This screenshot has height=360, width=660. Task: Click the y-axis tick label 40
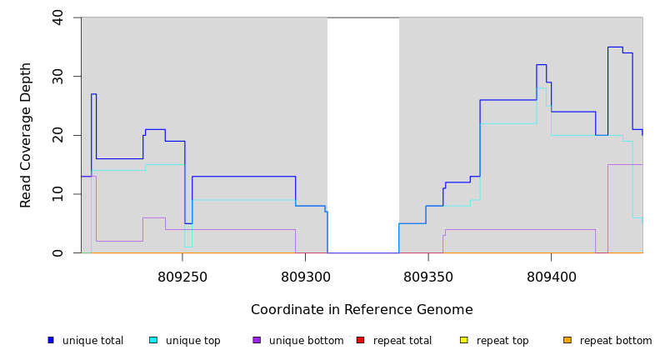click(57, 17)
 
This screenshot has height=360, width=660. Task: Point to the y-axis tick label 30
click(57, 77)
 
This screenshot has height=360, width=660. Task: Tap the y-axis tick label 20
click(57, 135)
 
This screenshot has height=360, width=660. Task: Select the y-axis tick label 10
click(57, 194)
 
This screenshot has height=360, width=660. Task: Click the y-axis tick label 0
click(57, 253)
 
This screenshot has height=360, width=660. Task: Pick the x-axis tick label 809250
click(182, 277)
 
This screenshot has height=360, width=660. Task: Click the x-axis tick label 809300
click(306, 277)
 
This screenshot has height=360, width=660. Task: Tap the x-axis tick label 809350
click(428, 277)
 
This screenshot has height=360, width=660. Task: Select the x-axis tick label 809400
click(551, 277)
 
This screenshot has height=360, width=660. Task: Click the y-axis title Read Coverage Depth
click(27, 135)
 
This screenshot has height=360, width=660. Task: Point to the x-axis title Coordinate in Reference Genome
click(362, 310)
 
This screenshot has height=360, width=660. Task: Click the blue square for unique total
click(51, 340)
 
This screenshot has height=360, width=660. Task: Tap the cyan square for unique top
click(153, 340)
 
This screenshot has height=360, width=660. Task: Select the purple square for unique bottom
click(257, 340)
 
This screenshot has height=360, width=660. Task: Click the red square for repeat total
click(360, 340)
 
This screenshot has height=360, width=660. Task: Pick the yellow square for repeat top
click(464, 340)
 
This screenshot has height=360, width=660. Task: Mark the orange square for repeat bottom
click(567, 340)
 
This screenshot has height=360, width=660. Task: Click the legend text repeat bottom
click(616, 341)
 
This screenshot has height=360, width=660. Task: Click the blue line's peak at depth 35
click(615, 47)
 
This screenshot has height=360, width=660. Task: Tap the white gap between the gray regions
click(363, 133)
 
